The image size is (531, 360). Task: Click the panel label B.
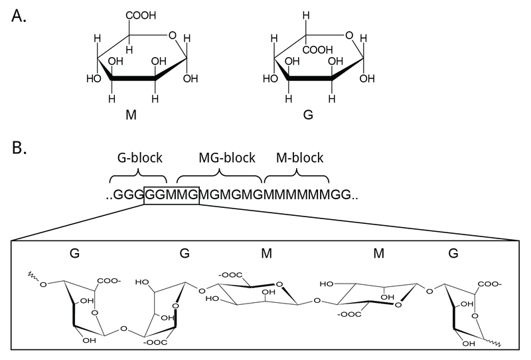pos(19,147)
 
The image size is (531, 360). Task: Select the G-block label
pos(137,158)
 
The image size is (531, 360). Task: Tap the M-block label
pos(299,158)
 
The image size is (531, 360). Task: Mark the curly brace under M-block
pos(297,177)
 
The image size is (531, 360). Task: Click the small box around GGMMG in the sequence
pos(171,195)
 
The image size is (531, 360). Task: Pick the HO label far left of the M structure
pos(94,78)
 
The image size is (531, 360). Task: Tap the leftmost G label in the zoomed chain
pos(74,253)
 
